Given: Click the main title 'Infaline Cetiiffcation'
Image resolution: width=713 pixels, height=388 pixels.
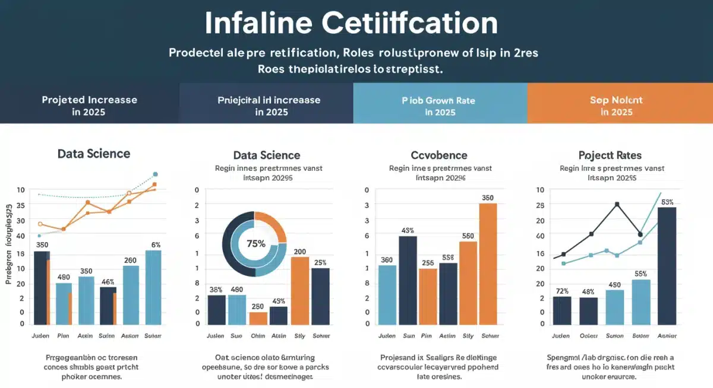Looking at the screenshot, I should click(x=351, y=23).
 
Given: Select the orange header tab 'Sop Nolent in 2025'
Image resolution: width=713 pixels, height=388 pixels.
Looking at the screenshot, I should click(x=617, y=106).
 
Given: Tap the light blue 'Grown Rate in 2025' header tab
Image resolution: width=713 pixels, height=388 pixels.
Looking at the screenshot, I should click(x=440, y=106).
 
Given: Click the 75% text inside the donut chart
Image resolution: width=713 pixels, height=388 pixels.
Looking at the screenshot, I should click(x=255, y=243).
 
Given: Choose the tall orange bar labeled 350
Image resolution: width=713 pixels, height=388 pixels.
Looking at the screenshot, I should click(x=488, y=264).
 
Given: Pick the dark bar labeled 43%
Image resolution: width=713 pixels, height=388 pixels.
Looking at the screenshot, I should click(x=408, y=281).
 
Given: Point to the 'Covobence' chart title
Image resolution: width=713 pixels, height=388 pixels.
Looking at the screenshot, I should click(x=439, y=155).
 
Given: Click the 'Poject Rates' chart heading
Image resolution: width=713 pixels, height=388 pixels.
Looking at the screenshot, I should click(x=610, y=155).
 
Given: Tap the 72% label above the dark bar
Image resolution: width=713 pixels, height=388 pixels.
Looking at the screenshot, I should click(x=562, y=291).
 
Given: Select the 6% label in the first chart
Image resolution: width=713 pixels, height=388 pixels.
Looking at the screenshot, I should click(x=156, y=244).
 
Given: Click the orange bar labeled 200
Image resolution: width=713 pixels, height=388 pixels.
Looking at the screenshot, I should click(x=299, y=291).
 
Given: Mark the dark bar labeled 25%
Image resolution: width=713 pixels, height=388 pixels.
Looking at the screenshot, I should click(x=320, y=297).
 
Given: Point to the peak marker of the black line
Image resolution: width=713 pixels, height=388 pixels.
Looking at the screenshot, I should click(x=617, y=204).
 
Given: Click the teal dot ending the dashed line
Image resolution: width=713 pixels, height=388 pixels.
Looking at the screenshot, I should click(x=155, y=174).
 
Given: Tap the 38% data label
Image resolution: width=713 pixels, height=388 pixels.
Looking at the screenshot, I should click(x=216, y=290).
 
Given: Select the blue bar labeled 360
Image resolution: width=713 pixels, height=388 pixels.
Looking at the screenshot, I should click(x=387, y=295).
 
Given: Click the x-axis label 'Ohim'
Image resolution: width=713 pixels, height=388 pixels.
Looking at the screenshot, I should click(x=258, y=336).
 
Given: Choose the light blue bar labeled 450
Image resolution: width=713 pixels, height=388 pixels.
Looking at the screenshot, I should click(x=614, y=307).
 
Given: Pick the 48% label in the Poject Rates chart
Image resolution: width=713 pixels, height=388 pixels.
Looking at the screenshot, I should click(x=588, y=291).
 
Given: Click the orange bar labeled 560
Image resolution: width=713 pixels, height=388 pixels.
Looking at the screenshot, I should click(x=468, y=283).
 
